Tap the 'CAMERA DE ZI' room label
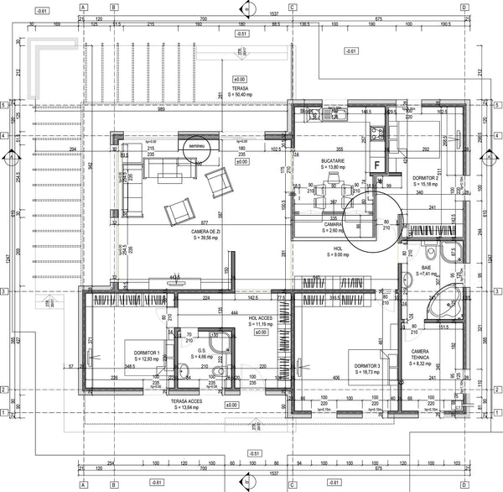tap(205, 231)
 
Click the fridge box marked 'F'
tap(378, 165)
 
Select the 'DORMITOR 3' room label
tap(366, 366)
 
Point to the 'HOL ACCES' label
tap(262, 319)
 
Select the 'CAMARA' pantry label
tap(334, 225)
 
